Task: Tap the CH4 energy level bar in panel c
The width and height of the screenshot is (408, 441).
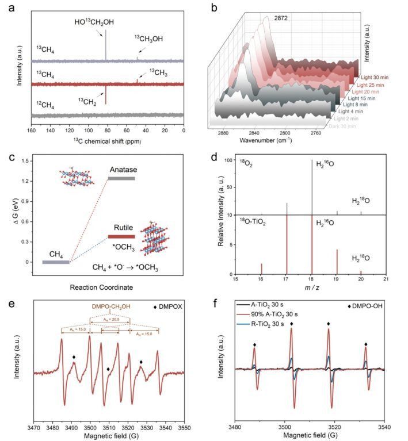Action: coord(56,262)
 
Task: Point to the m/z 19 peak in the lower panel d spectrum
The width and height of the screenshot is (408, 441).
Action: coord(337,262)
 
